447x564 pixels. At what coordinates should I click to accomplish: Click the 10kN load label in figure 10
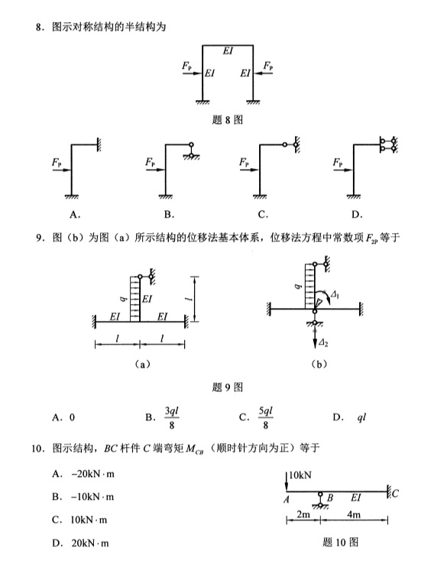[300, 475]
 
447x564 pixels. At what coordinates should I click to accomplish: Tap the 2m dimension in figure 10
[303, 514]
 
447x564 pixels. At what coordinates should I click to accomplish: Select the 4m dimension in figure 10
[354, 514]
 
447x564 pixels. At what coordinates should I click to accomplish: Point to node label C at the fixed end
[395, 493]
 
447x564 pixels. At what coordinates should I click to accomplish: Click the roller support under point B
[320, 501]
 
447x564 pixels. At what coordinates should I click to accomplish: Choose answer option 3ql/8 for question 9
[172, 417]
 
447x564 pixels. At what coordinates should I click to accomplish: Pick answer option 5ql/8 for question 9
[265, 417]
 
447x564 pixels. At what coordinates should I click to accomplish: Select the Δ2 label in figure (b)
[323, 343]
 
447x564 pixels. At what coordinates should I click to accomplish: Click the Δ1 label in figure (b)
[335, 295]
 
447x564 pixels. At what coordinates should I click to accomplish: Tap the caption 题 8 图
[227, 120]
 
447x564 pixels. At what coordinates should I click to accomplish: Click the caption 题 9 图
[227, 387]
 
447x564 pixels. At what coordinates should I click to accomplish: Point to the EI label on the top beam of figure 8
[228, 51]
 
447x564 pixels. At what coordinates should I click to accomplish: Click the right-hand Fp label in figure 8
[268, 66]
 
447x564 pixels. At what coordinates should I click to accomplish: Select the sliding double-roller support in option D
[388, 144]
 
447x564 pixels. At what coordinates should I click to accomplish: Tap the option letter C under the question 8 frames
[263, 215]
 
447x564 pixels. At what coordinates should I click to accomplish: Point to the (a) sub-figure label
[142, 364]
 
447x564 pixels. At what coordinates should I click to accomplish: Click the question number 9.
[39, 238]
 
